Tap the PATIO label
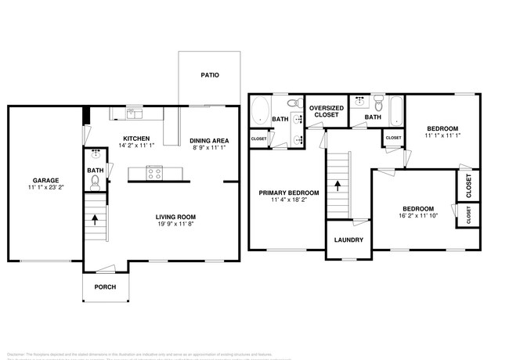(x=209, y=76)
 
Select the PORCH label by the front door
(x=105, y=287)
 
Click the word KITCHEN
(x=137, y=138)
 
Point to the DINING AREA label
(x=209, y=141)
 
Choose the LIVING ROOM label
(x=175, y=217)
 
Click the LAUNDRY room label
(x=348, y=239)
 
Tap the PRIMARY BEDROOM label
(x=289, y=193)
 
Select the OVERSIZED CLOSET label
(x=326, y=111)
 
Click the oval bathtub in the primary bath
(x=261, y=110)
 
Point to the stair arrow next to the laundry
(x=338, y=185)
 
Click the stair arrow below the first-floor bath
(x=95, y=220)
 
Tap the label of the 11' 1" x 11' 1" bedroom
(x=442, y=128)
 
